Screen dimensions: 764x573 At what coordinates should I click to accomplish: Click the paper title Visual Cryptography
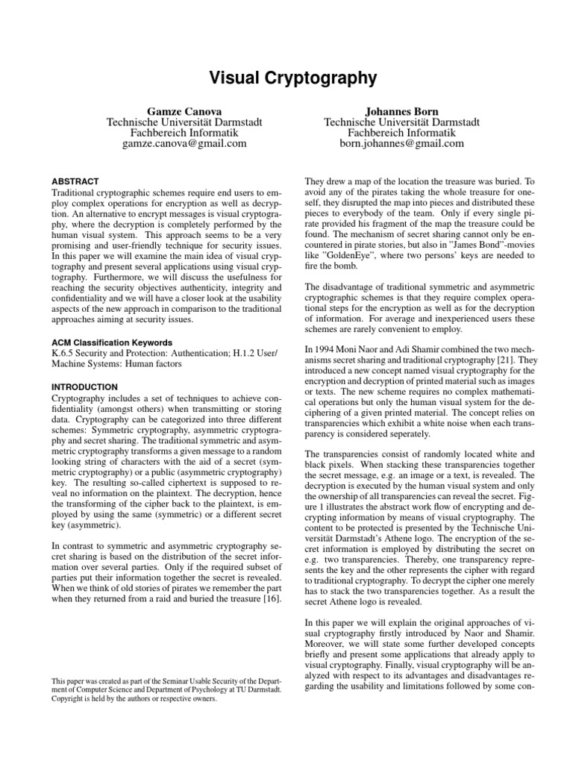click(x=286, y=78)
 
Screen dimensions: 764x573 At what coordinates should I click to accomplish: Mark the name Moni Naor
click(x=359, y=328)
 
